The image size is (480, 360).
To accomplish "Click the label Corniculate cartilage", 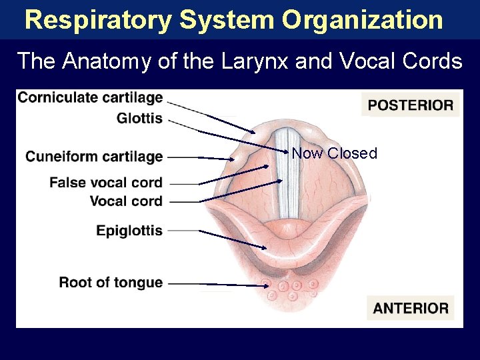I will tap(90, 98).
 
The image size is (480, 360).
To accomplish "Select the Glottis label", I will tap(139, 119).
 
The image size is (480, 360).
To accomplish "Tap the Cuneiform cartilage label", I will tap(94, 157).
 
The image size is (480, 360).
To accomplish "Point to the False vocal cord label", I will tap(106, 183).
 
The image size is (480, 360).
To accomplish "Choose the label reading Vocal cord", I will tap(126, 201).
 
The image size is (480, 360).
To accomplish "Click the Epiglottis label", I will tap(129, 231).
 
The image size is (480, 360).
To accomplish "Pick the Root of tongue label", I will tap(111, 282).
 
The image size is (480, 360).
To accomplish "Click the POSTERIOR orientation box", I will tap(410, 105).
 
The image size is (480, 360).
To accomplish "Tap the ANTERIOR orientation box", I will tap(411, 308).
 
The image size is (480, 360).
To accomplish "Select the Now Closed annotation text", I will tap(335, 153).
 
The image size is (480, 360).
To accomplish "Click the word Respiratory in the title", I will tap(97, 20).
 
